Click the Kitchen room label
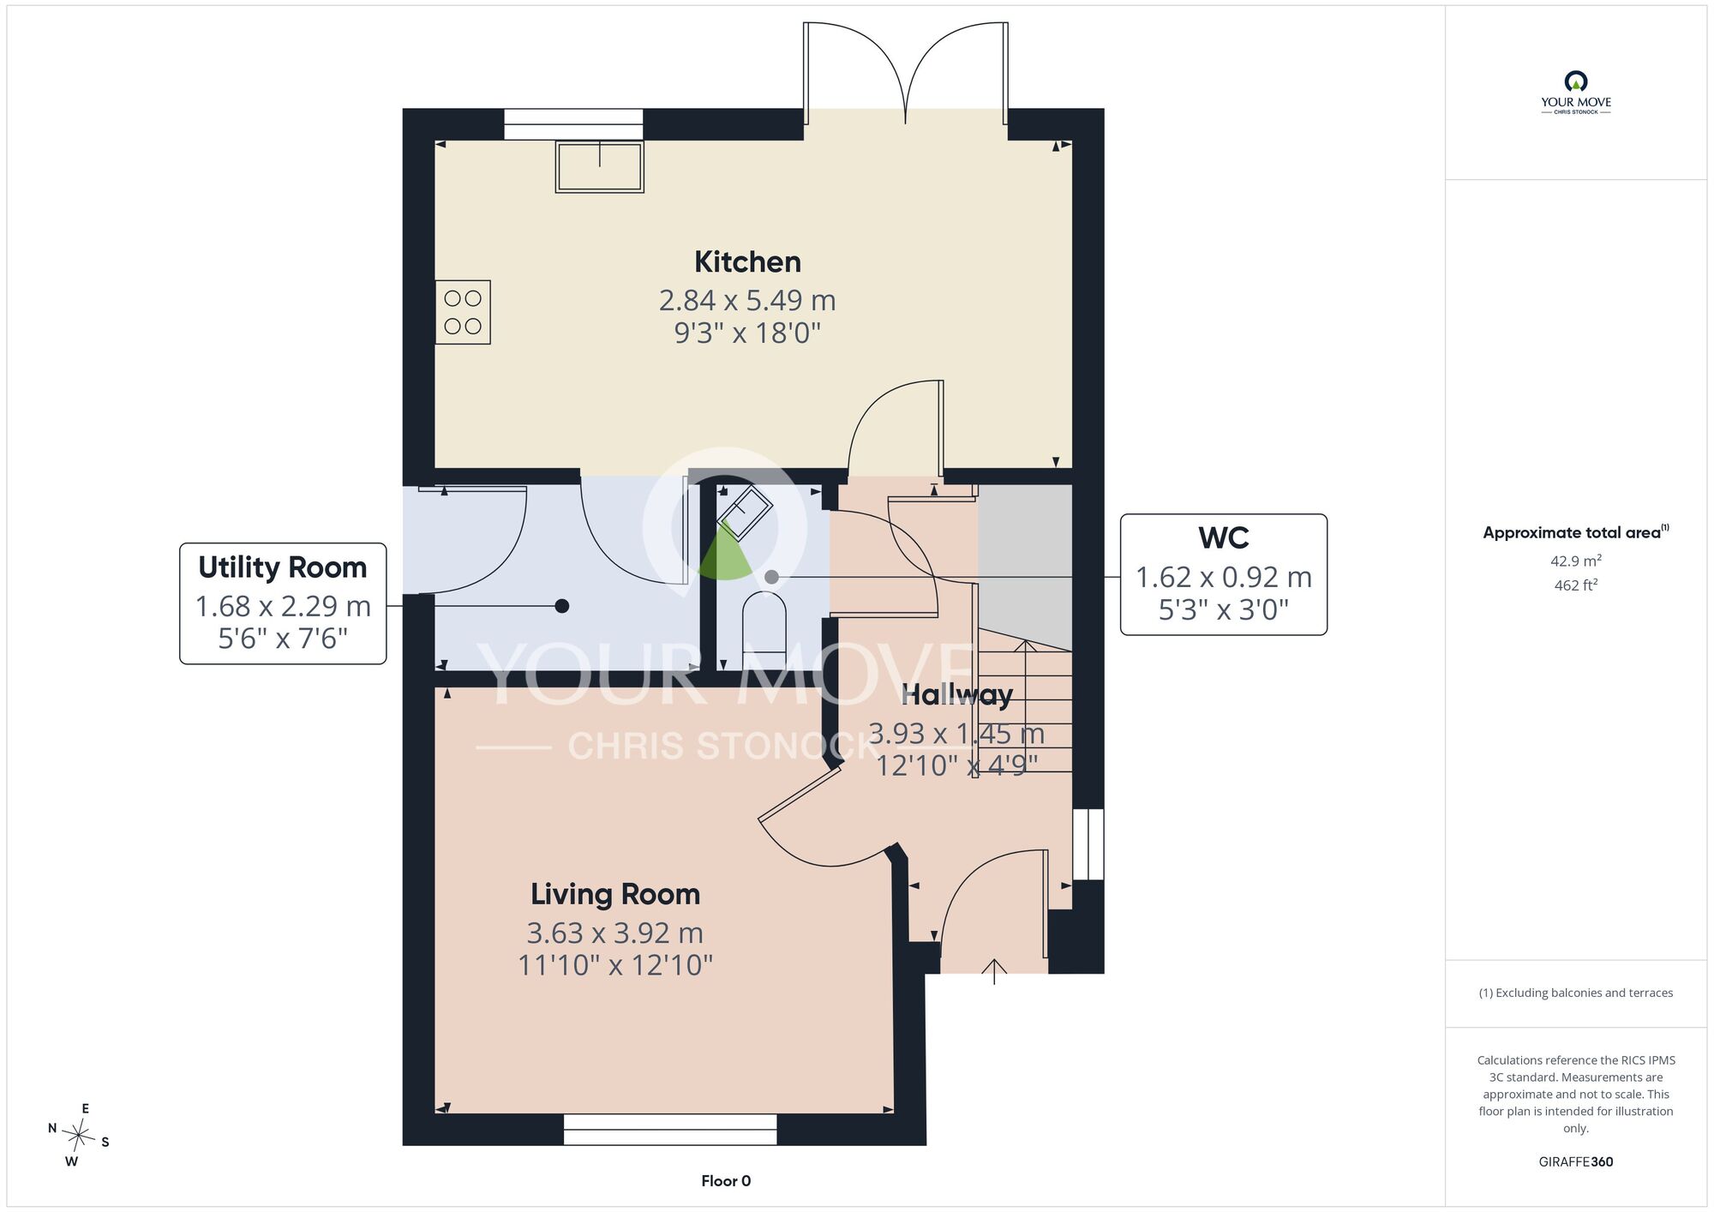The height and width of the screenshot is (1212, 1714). tap(747, 261)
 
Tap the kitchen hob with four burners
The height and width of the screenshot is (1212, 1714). tap(463, 312)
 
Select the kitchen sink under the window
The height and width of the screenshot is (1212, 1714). tap(599, 166)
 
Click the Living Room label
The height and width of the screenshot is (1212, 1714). tap(615, 894)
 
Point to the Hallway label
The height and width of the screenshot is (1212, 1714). tap(956, 695)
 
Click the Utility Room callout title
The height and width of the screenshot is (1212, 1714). tap(282, 567)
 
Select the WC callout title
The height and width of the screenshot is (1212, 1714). tap(1224, 538)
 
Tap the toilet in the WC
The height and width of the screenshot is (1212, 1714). tap(764, 630)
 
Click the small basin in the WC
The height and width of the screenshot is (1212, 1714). tap(744, 513)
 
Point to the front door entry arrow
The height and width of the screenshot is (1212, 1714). tap(994, 971)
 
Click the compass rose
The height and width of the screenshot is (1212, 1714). tap(79, 1136)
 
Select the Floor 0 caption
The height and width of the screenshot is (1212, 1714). tap(726, 1181)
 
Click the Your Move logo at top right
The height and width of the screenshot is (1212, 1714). tap(1575, 93)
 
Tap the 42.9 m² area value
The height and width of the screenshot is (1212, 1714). tap(1575, 561)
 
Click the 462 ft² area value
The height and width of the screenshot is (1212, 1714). tap(1575, 585)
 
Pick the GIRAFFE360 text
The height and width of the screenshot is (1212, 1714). tap(1575, 1162)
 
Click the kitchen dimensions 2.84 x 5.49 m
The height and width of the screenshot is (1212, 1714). tap(747, 300)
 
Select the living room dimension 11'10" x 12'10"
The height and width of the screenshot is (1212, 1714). tap(615, 965)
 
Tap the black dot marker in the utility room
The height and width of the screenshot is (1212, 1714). tap(561, 606)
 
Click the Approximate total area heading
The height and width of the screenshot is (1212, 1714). tap(1575, 532)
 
